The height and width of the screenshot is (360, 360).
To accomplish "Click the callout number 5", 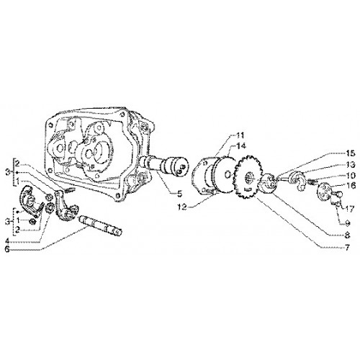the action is click(179, 194).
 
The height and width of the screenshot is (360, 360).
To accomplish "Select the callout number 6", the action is click(7, 249).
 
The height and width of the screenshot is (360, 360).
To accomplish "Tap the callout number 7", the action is click(347, 247).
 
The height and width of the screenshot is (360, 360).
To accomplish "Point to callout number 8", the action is click(347, 235).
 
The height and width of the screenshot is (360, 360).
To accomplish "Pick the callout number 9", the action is click(347, 223).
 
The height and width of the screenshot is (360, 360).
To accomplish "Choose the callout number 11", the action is click(239, 135).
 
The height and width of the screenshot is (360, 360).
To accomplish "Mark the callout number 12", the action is click(182, 207).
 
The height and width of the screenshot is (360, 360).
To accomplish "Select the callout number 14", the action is click(240, 145).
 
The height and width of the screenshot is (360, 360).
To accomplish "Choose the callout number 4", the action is click(8, 240).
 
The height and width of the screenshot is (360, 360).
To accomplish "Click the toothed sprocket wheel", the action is click(248, 177).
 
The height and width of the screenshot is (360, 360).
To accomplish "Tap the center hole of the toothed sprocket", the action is click(248, 179).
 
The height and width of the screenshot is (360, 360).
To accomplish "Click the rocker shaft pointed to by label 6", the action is click(100, 225).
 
